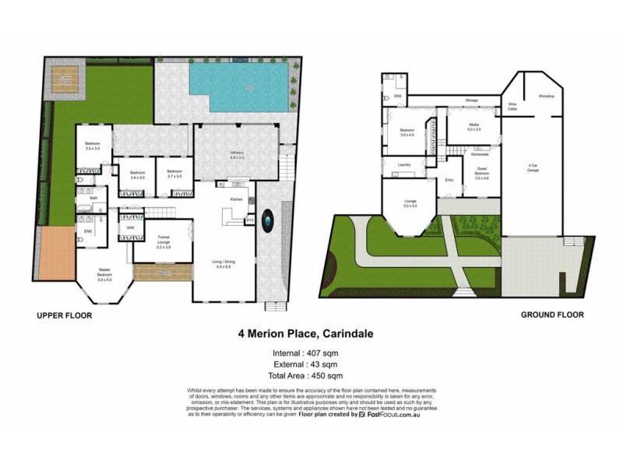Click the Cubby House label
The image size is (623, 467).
[x=60, y=79]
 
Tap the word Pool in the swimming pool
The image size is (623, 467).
[x=250, y=86]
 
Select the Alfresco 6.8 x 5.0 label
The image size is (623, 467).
[x=238, y=154]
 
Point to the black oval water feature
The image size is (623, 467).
[x=269, y=222]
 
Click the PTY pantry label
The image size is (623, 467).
[x=250, y=221]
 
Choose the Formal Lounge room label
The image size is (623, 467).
[x=164, y=238]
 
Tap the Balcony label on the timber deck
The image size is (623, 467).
[x=164, y=273]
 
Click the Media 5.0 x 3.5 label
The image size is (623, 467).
[x=474, y=127]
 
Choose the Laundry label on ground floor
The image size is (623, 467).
[x=403, y=165]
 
